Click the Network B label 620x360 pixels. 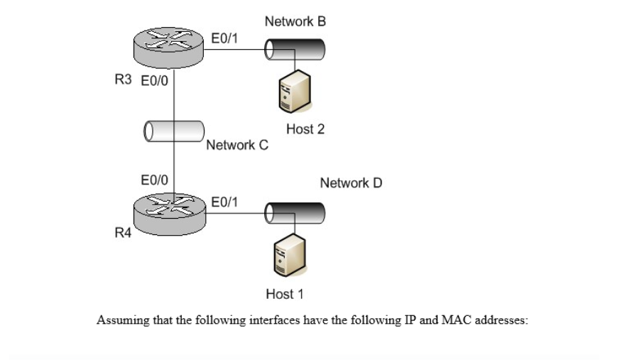[x=295, y=22]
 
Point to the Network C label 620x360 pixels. [x=237, y=146]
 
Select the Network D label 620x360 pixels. [x=351, y=183]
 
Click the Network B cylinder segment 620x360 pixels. [x=295, y=49]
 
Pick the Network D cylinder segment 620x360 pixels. [x=295, y=212]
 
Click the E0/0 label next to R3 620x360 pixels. [x=154, y=80]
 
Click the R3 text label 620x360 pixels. [x=123, y=80]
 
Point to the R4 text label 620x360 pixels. [x=123, y=235]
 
